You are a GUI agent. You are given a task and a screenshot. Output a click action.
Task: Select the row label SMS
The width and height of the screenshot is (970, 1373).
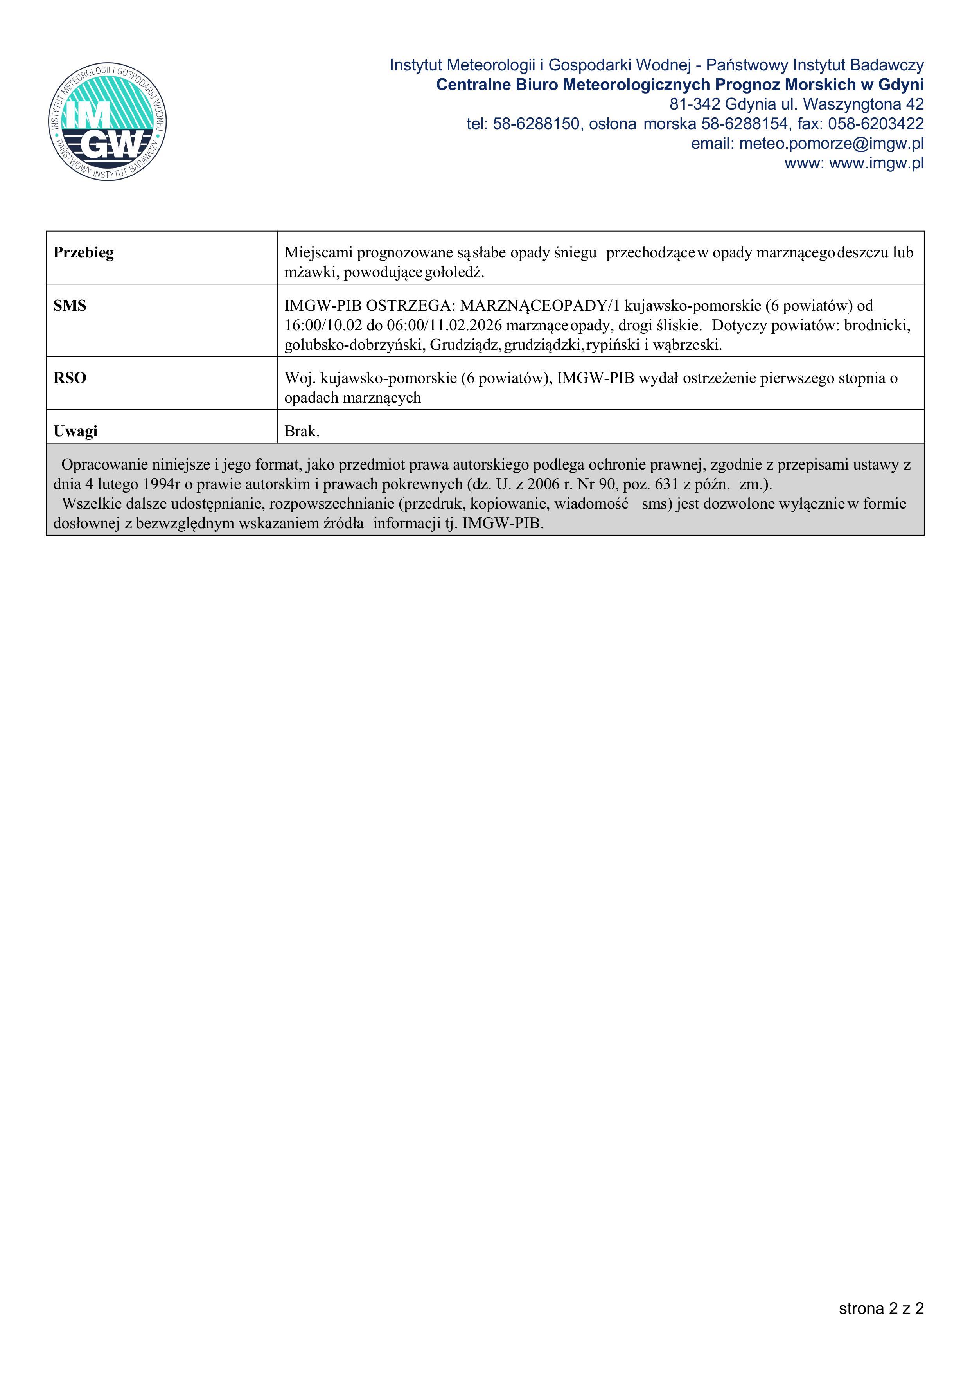70,306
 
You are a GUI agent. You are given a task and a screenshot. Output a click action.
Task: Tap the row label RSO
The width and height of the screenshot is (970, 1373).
70,378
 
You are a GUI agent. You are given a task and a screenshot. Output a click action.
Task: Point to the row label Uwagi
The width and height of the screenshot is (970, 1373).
75,431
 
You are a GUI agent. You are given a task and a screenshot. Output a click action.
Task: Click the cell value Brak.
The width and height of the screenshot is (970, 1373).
302,431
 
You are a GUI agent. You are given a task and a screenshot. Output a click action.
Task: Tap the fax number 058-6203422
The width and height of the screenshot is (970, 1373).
876,124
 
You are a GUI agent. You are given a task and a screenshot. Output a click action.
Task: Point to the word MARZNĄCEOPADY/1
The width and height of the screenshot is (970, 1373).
540,306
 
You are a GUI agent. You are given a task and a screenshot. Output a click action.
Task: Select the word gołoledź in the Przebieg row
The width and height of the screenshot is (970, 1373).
454,272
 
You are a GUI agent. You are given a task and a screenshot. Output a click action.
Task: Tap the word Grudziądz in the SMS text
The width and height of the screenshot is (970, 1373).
464,345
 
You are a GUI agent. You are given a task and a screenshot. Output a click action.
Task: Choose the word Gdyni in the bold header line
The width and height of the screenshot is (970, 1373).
901,85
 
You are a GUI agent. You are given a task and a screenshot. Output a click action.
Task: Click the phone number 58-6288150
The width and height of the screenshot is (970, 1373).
536,124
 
